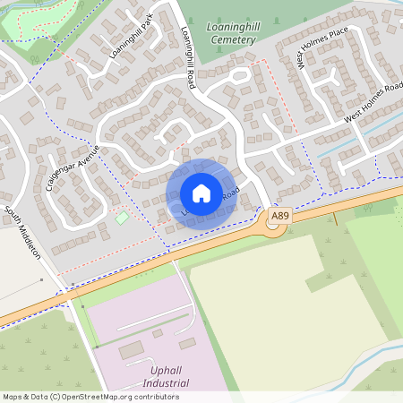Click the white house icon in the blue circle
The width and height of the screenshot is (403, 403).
[x=201, y=193]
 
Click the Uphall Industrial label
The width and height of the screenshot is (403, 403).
[x=169, y=375]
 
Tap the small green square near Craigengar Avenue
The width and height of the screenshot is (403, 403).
[x=122, y=218]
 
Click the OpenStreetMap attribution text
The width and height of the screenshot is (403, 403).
[x=90, y=396]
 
